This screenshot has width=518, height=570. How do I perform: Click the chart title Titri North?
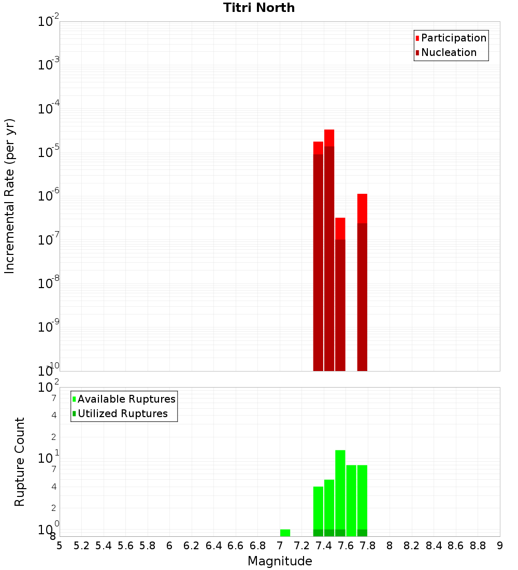[259, 8]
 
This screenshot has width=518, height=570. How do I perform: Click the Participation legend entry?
[453, 38]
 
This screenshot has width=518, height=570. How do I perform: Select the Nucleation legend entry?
[448, 52]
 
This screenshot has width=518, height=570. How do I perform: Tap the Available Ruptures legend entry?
[126, 399]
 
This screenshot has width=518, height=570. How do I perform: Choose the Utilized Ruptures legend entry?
[122, 414]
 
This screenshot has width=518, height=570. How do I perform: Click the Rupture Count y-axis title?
[20, 462]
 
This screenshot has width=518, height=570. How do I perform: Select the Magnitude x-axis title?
[280, 561]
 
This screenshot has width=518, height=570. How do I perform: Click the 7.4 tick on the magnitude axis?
[324, 545]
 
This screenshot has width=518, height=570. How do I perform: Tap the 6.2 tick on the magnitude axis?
[192, 545]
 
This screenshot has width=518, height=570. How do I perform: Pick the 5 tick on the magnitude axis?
[60, 545]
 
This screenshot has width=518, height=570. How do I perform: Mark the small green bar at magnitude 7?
[285, 533]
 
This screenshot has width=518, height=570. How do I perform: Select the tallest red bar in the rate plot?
[329, 249]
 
